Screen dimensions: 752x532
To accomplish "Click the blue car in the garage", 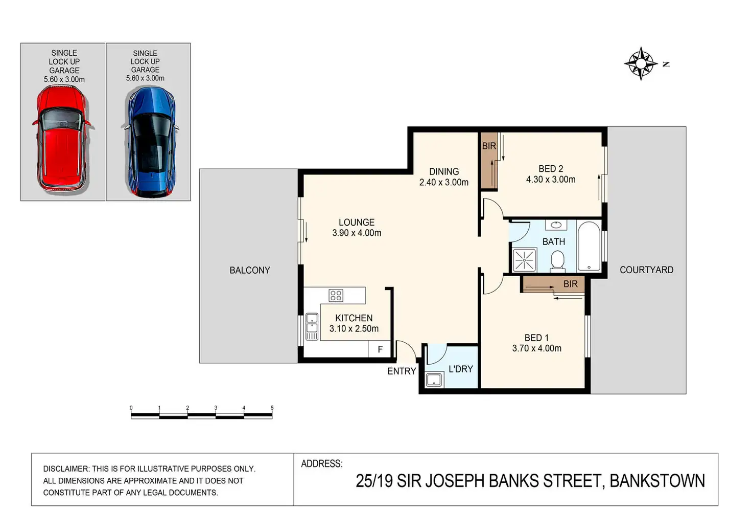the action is [151, 142].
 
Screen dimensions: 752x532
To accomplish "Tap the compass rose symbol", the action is [641, 63].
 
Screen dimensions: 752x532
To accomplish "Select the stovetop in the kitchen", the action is [336, 295].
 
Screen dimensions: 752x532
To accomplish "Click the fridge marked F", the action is [380, 349].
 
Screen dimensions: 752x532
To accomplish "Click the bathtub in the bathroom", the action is [589, 246].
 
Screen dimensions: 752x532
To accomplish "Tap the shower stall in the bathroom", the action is [524, 259].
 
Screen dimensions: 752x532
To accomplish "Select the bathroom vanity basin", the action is [556, 225].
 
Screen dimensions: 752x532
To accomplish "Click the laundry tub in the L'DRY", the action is [434, 380].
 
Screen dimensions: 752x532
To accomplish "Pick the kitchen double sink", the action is [312, 326].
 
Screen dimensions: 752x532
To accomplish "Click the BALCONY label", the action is [250, 270].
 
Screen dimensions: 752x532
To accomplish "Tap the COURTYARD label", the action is [646, 270].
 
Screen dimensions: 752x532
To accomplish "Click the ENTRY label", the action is [402, 371].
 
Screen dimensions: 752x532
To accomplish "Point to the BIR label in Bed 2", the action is [489, 146].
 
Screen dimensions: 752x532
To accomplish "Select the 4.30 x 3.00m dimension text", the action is [551, 180].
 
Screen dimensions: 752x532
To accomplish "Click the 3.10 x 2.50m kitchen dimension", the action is [354, 328].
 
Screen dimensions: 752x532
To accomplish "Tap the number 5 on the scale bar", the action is [272, 408].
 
